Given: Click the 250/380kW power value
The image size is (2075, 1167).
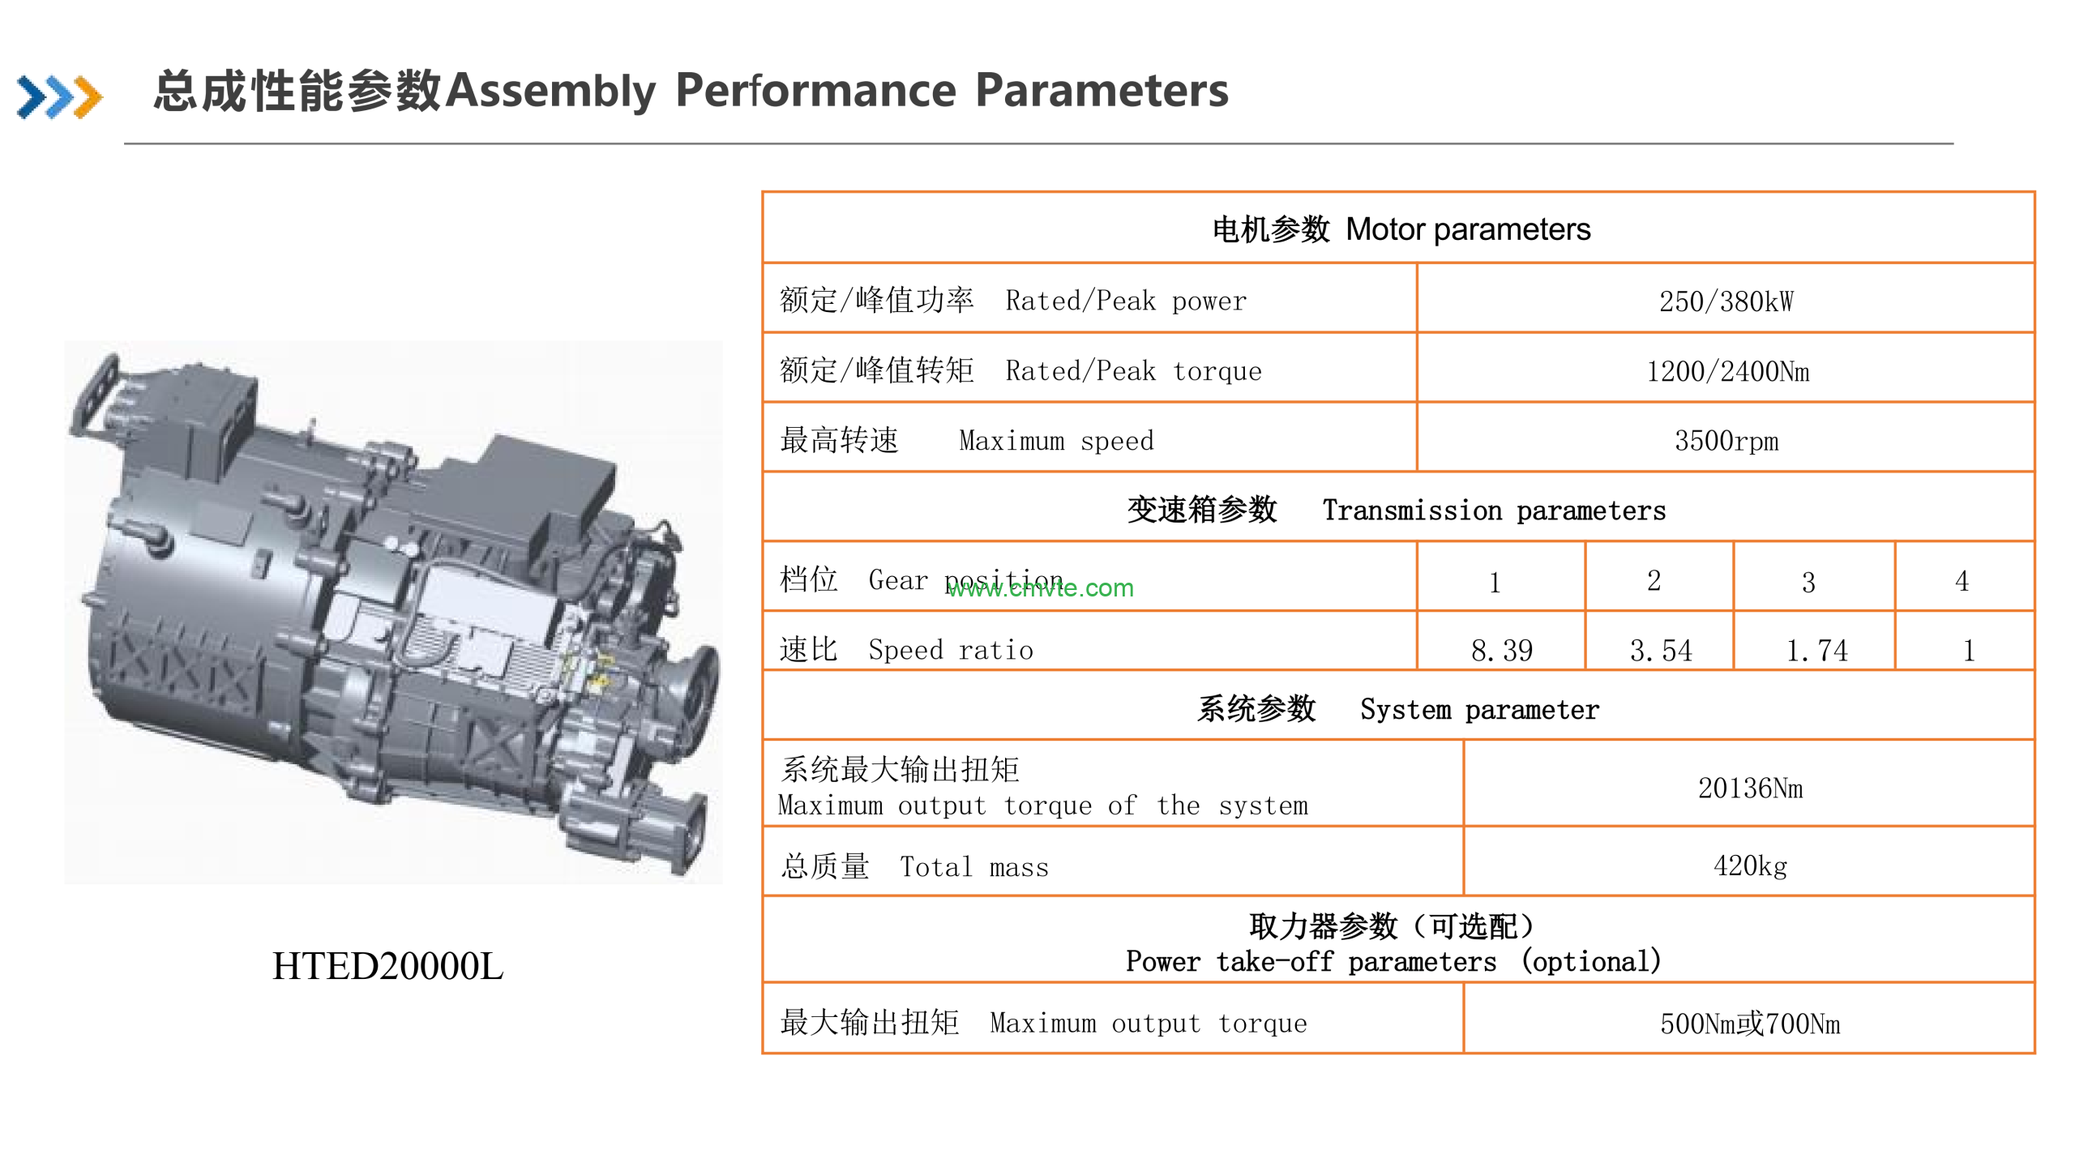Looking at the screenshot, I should point(1726,301).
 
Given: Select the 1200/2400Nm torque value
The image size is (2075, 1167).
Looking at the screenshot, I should point(1727,371).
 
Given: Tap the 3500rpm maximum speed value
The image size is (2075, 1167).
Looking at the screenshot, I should point(1726,441).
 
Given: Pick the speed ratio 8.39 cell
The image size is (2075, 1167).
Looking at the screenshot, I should point(1501,650).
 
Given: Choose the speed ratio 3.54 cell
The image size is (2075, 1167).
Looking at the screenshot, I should point(1660,650).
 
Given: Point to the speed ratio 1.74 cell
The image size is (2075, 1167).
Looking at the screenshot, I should point(1816,650).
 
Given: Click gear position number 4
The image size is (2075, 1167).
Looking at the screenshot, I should point(1962,580).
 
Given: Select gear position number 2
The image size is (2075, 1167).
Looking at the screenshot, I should point(1654,580).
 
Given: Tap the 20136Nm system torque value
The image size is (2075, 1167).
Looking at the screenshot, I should point(1750,788).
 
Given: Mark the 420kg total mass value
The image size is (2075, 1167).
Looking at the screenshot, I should point(1750,866).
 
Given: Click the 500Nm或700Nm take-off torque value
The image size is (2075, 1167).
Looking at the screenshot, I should point(1750,1024).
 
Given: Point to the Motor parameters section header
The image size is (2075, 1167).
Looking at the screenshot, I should point(1401,229).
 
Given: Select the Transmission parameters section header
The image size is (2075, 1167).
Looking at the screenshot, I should point(1396,510).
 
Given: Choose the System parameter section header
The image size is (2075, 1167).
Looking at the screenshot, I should point(1398,709).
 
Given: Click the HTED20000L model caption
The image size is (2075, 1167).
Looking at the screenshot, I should point(387,965).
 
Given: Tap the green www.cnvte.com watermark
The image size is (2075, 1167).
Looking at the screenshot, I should point(1041,588).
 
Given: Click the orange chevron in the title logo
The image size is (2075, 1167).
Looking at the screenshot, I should point(88,97).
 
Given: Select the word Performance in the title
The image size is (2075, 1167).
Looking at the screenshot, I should point(815,90).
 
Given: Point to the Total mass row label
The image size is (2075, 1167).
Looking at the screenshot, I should point(914,866).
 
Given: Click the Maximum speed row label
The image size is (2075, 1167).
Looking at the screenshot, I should point(966,441).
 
